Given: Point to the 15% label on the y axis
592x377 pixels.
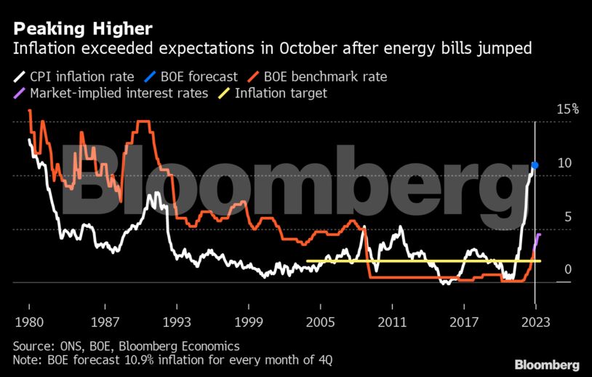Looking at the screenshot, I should [567, 109].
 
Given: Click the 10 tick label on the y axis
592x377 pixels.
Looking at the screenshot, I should [564, 163].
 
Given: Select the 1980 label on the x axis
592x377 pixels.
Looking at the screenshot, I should [29, 322].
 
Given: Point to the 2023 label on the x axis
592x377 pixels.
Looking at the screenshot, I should [535, 322].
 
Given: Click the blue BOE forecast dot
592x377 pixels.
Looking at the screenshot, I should [535, 165].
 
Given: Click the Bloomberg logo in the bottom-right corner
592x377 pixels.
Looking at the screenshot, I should [547, 364].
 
